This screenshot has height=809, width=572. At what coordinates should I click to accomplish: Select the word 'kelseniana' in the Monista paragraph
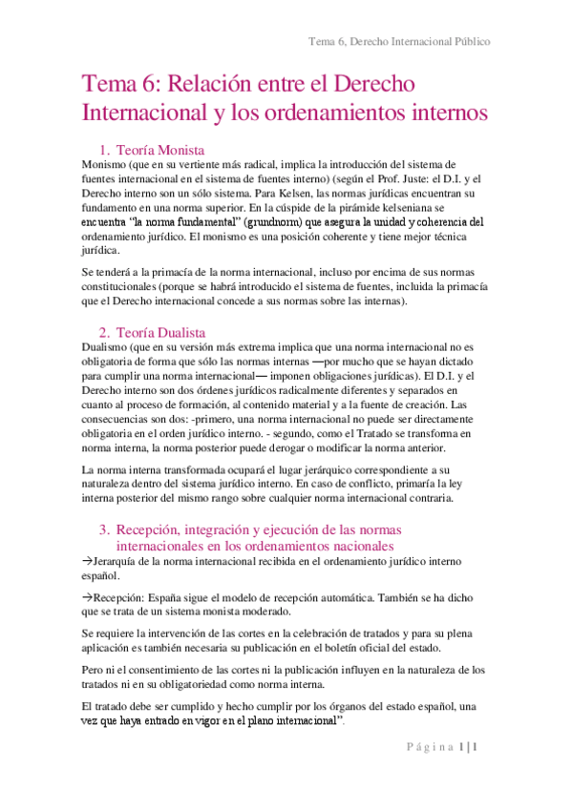point(383,207)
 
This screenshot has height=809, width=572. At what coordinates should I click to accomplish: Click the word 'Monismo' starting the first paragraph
point(110,163)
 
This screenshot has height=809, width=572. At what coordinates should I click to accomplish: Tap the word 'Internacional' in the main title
point(144,113)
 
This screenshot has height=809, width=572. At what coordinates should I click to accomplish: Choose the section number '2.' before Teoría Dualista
point(106,331)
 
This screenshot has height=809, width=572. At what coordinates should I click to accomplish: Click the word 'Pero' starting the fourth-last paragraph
point(96,671)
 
